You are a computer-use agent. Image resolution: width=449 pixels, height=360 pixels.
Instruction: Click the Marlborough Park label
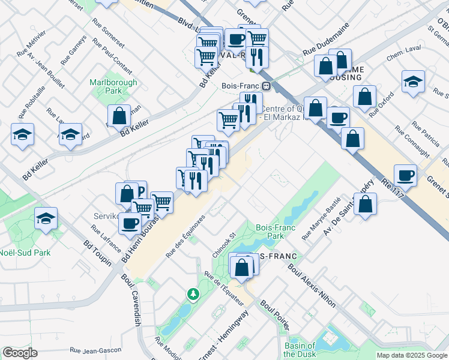click(113, 86)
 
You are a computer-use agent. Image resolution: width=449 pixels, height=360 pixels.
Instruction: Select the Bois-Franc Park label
click(270, 232)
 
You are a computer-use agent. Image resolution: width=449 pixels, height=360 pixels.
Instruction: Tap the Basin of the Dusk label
click(299, 349)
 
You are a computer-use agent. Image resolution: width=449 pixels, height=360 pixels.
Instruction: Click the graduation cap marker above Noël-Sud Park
click(46, 219)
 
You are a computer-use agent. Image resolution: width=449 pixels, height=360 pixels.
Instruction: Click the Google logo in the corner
click(20, 353)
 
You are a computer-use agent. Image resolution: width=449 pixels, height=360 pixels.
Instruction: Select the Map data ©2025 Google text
click(412, 355)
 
